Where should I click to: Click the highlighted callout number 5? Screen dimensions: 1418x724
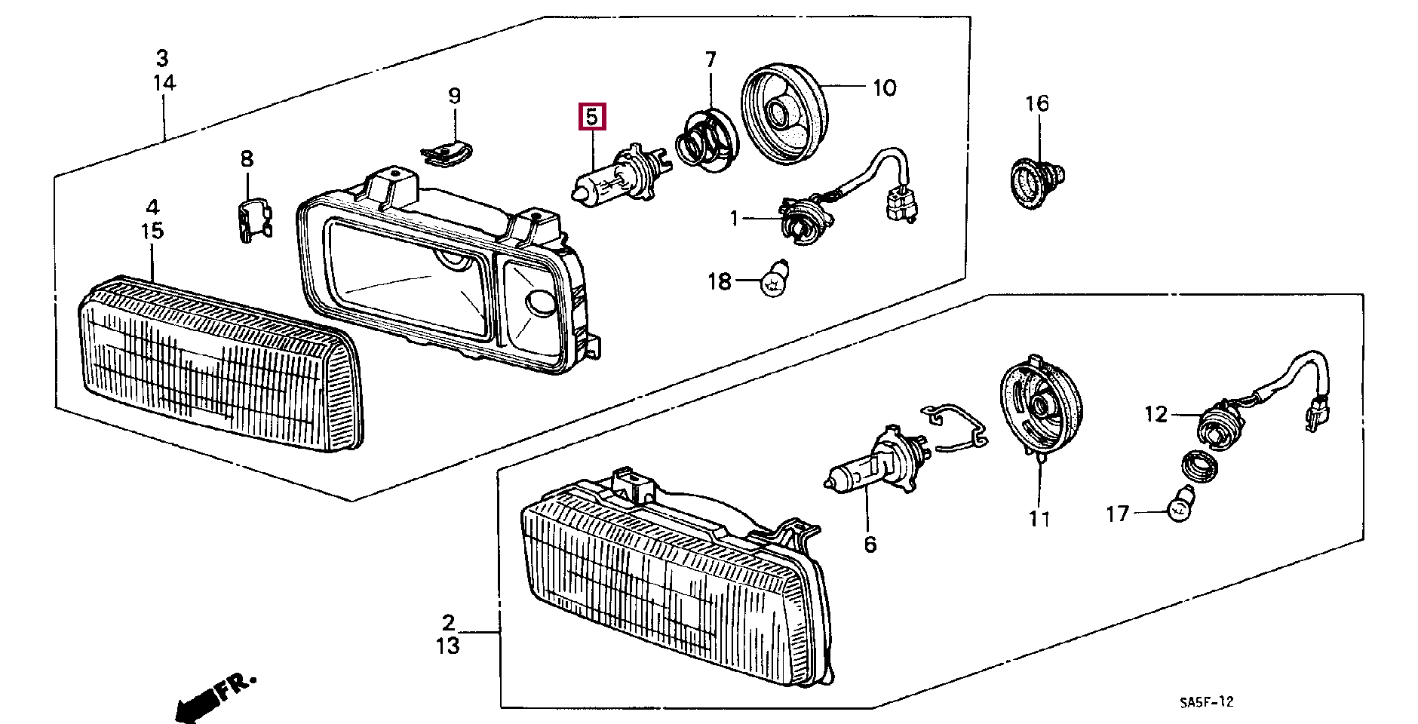(x=592, y=117)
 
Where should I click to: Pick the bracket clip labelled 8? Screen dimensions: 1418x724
(x=252, y=220)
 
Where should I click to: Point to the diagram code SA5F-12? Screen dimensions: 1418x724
(x=1207, y=702)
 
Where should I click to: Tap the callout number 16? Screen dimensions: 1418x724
(x=1037, y=103)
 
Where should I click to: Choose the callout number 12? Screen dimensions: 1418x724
(x=1156, y=414)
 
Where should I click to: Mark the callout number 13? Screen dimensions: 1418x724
(x=447, y=646)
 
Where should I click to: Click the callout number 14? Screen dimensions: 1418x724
(x=164, y=82)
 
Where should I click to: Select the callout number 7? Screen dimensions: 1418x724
(x=711, y=59)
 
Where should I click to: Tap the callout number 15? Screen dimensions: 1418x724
(x=152, y=231)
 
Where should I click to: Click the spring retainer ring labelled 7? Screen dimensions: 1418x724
(x=707, y=137)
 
